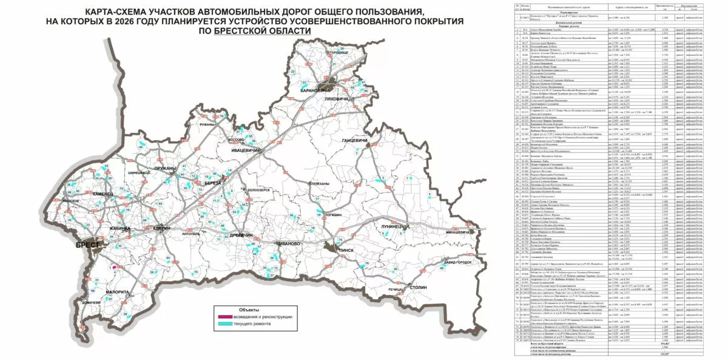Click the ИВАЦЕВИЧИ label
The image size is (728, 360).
click(246, 149)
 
